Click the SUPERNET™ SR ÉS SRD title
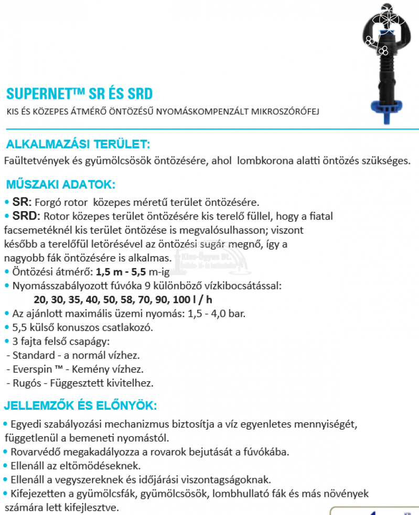[x=79, y=94]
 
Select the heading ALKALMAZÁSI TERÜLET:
[x=78, y=145]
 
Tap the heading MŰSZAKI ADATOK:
[x=60, y=184]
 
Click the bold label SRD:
[x=25, y=216]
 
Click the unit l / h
[x=201, y=300]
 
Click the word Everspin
[x=31, y=369]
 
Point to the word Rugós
[x=24, y=383]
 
